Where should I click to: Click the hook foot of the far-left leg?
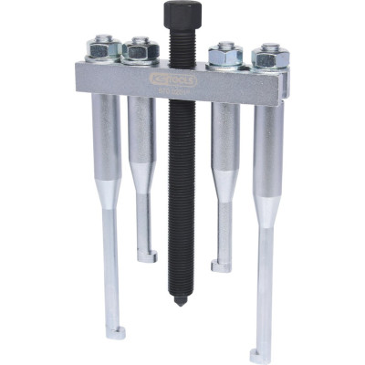(113, 332)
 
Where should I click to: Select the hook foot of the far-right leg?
(260, 355)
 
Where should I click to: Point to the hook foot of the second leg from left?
(148, 256)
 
